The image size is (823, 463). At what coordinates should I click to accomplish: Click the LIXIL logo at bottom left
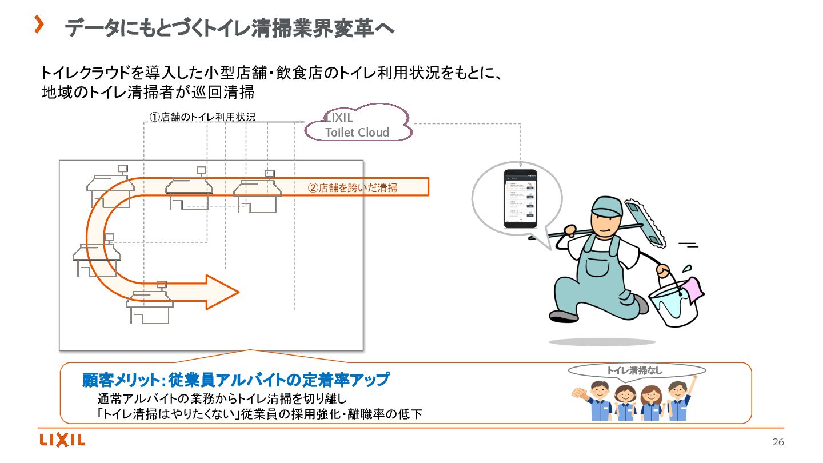[x=62, y=440]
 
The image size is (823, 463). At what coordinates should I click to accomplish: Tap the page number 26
[x=778, y=442]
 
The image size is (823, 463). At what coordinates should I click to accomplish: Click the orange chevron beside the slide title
[x=39, y=24]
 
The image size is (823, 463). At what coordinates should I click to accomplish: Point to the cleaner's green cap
[x=606, y=205]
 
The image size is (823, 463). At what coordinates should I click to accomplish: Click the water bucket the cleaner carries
[x=674, y=305]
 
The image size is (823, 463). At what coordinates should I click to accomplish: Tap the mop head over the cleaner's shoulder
[x=644, y=220]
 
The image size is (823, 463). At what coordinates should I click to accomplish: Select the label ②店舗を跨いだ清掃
[x=353, y=187]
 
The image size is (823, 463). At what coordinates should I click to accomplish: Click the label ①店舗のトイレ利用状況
[x=202, y=117]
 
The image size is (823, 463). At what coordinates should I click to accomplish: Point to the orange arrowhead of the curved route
[x=223, y=292]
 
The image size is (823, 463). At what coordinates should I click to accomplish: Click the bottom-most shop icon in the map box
[x=150, y=304]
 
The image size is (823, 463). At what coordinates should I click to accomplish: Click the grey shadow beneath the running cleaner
[x=602, y=342]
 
